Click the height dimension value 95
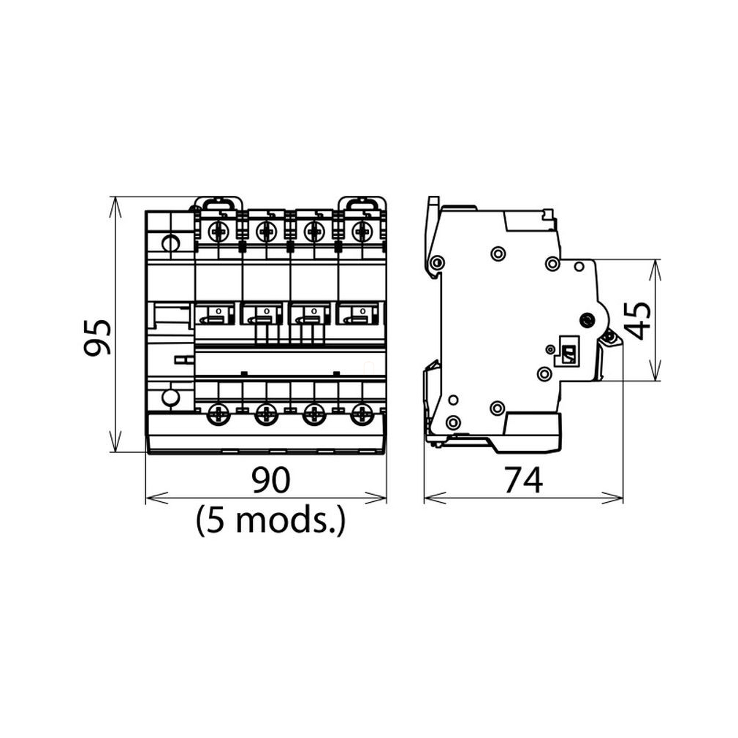click(97, 337)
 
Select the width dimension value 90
click(270, 479)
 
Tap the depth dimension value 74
click(523, 479)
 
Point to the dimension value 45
click(639, 321)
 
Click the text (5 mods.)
click(270, 520)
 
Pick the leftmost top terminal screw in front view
click(218, 232)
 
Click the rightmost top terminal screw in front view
click(362, 232)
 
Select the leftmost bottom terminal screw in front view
click(218, 414)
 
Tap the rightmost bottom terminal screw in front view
click(362, 414)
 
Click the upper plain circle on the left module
click(170, 243)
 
